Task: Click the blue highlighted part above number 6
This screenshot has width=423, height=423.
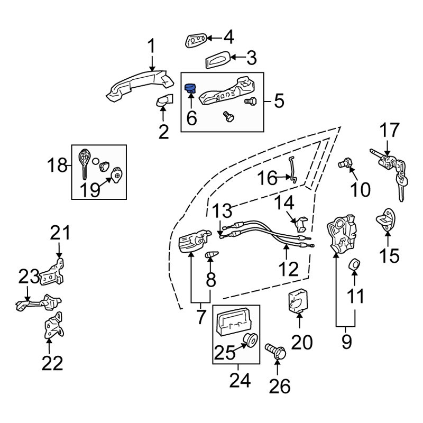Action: click(189, 88)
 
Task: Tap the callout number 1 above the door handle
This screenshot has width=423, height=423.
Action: click(151, 47)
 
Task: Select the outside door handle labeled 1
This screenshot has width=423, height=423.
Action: click(140, 86)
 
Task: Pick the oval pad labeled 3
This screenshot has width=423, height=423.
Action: click(218, 59)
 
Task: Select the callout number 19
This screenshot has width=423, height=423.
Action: click(90, 190)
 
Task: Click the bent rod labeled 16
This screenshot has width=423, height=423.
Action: click(292, 170)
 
